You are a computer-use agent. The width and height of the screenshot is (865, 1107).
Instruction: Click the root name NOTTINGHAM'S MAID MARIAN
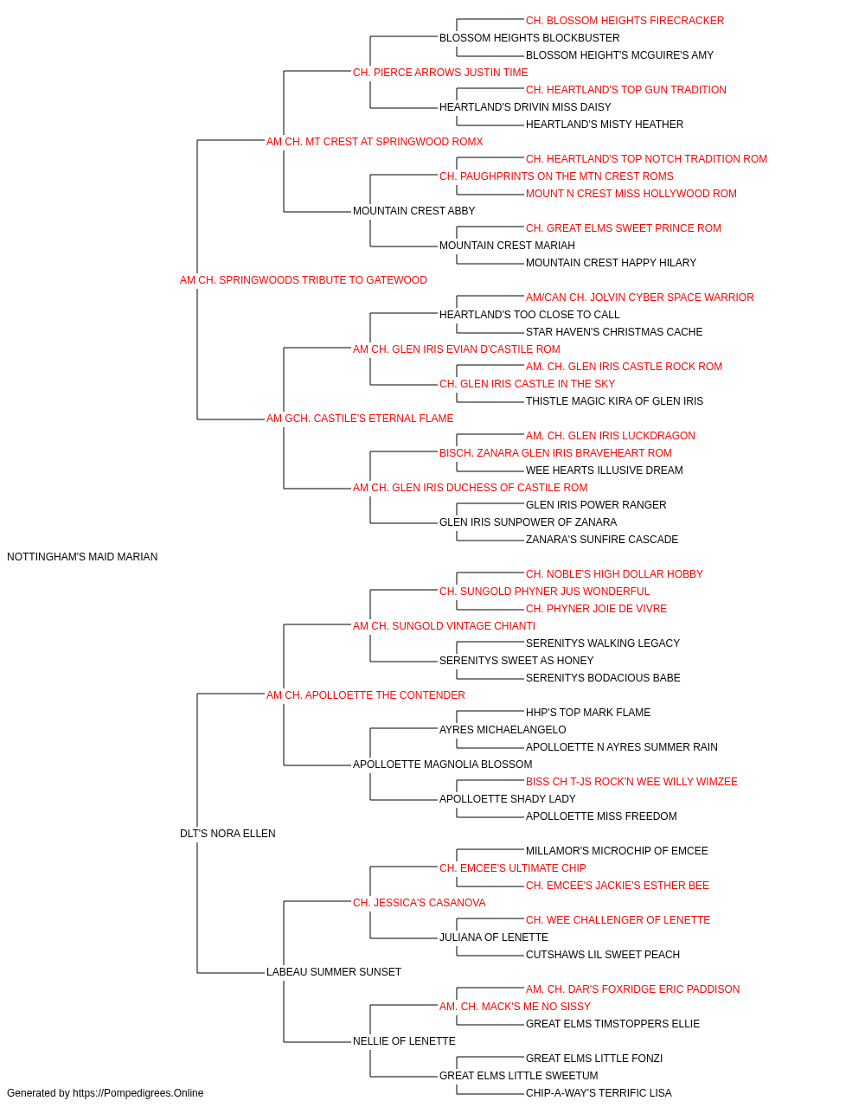pyautogui.click(x=82, y=557)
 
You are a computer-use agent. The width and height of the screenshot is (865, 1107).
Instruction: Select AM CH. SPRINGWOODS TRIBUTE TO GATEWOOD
pyautogui.click(x=303, y=280)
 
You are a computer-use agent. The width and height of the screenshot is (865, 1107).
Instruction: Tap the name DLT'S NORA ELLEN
pyautogui.click(x=227, y=834)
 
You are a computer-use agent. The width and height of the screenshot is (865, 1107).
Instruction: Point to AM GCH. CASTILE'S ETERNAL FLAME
pyautogui.click(x=360, y=419)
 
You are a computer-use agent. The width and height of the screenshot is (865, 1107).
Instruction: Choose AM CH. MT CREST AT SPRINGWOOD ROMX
pyautogui.click(x=375, y=142)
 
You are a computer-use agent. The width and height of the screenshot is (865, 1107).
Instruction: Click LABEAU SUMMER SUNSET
pyautogui.click(x=334, y=972)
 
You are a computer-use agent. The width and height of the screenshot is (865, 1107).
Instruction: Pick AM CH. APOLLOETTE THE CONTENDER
pyautogui.click(x=366, y=694)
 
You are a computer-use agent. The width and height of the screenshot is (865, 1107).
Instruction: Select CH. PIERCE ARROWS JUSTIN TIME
pyautogui.click(x=440, y=73)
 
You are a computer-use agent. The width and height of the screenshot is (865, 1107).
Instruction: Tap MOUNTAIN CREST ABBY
pyautogui.click(x=413, y=211)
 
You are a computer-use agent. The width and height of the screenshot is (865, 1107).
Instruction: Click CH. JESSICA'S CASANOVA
pyautogui.click(x=420, y=903)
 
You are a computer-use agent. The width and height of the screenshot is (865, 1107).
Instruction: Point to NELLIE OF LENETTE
pyautogui.click(x=404, y=1041)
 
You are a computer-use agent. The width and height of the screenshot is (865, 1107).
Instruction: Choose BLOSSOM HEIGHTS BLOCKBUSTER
pyautogui.click(x=529, y=38)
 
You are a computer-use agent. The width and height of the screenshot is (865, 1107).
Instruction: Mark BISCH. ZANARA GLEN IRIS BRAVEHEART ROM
pyautogui.click(x=555, y=453)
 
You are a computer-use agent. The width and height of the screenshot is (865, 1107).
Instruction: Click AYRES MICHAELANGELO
pyautogui.click(x=503, y=730)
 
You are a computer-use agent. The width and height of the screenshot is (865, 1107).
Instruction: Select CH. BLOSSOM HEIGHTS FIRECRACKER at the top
pyautogui.click(x=625, y=21)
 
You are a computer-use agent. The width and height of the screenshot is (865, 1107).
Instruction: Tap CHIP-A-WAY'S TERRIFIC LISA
pyautogui.click(x=599, y=1093)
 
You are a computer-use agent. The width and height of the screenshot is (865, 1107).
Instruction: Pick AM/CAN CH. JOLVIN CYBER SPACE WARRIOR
pyautogui.click(x=639, y=298)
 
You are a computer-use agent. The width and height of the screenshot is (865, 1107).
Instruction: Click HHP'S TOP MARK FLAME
pyautogui.click(x=588, y=712)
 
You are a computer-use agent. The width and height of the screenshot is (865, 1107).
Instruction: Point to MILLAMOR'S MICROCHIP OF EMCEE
pyautogui.click(x=617, y=851)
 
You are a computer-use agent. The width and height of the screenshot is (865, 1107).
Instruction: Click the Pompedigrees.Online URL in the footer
pyautogui.click(x=138, y=1093)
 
